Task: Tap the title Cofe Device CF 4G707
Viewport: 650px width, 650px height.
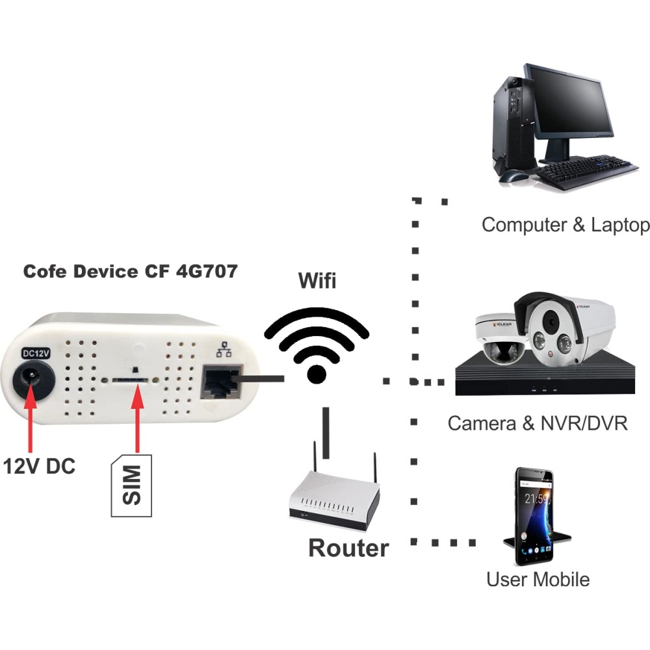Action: (x=130, y=271)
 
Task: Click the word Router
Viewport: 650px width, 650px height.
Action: (x=348, y=548)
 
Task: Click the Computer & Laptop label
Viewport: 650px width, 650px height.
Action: (x=565, y=225)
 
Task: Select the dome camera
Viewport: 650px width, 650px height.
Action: (x=497, y=338)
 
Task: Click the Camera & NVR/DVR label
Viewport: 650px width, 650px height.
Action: (x=538, y=424)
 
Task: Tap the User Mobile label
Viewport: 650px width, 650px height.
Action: (x=538, y=578)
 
